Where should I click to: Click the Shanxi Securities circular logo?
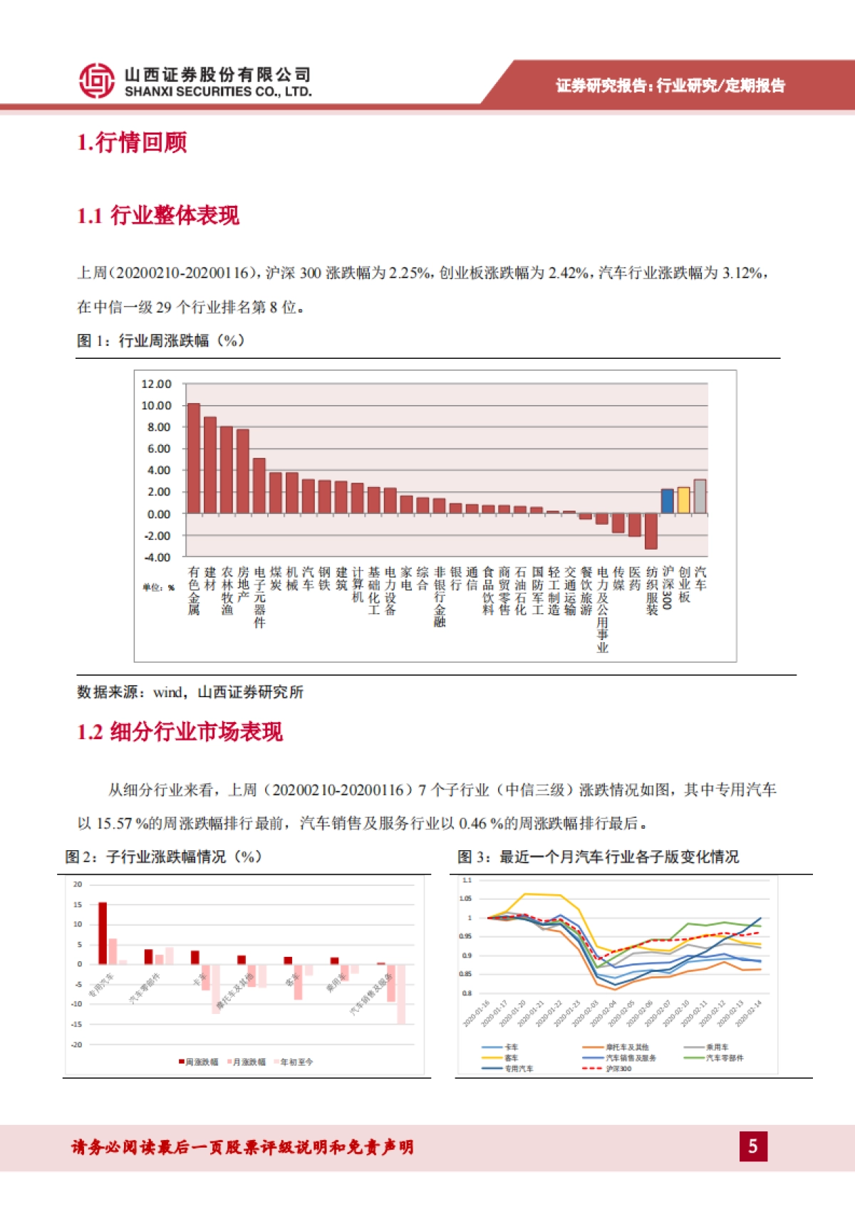coord(96,80)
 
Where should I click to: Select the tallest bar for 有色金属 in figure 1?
coord(193,459)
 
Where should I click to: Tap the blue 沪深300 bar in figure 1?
coord(667,501)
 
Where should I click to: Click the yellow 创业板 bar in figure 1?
coord(683,501)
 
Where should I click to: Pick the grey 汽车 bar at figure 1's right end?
coord(700,496)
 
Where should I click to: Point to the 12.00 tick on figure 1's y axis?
coord(156,384)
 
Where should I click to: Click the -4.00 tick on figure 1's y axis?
coord(157,557)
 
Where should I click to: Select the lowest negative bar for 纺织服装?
coord(651,530)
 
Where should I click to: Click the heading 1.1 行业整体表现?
coord(157,216)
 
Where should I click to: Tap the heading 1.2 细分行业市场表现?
coord(180,731)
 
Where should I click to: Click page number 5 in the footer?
coord(753,1146)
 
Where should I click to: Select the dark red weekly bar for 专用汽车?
coord(103,933)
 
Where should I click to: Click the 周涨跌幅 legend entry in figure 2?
coord(199,1062)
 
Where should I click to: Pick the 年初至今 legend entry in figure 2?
coord(294,1062)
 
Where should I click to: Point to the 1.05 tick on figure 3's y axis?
coord(465,899)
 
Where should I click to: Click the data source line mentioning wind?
coord(190,692)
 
